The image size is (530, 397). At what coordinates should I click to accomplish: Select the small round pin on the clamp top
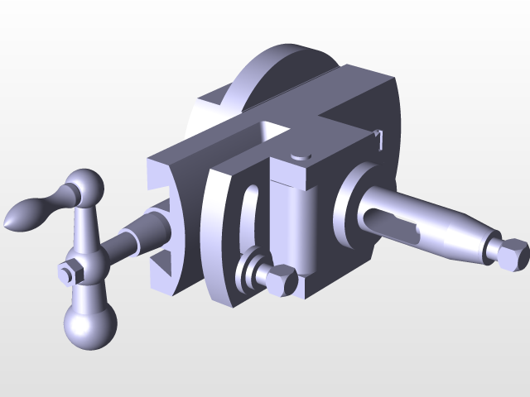298,155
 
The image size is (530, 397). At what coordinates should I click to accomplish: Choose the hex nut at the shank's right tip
511,253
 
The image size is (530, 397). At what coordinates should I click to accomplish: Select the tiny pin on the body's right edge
378,136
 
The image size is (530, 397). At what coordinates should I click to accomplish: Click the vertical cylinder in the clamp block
296,223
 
